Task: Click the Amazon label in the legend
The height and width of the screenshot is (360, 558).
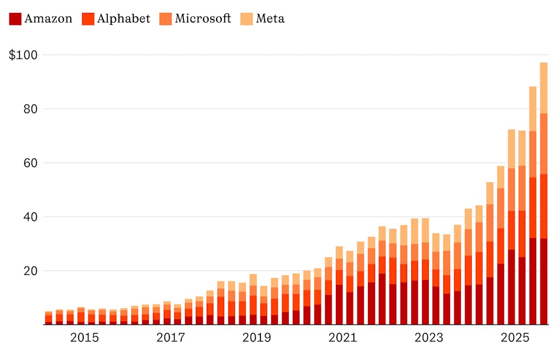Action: click(48, 19)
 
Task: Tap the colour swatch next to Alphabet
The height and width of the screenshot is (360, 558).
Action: click(88, 19)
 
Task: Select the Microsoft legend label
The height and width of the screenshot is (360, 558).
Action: click(203, 19)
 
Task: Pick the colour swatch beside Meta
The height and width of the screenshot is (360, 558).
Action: click(247, 19)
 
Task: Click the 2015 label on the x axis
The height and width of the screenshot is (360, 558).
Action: click(85, 338)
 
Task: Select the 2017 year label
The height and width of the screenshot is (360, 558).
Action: click(171, 338)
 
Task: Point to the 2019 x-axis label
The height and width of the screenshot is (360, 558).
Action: click(257, 338)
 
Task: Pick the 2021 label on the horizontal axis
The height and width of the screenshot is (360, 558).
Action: click(343, 338)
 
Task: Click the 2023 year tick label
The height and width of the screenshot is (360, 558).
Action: click(429, 338)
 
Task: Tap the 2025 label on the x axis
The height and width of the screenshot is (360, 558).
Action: click(515, 338)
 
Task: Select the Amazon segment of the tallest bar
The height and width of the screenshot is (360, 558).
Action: click(544, 281)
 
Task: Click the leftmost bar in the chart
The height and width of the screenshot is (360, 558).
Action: click(49, 318)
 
